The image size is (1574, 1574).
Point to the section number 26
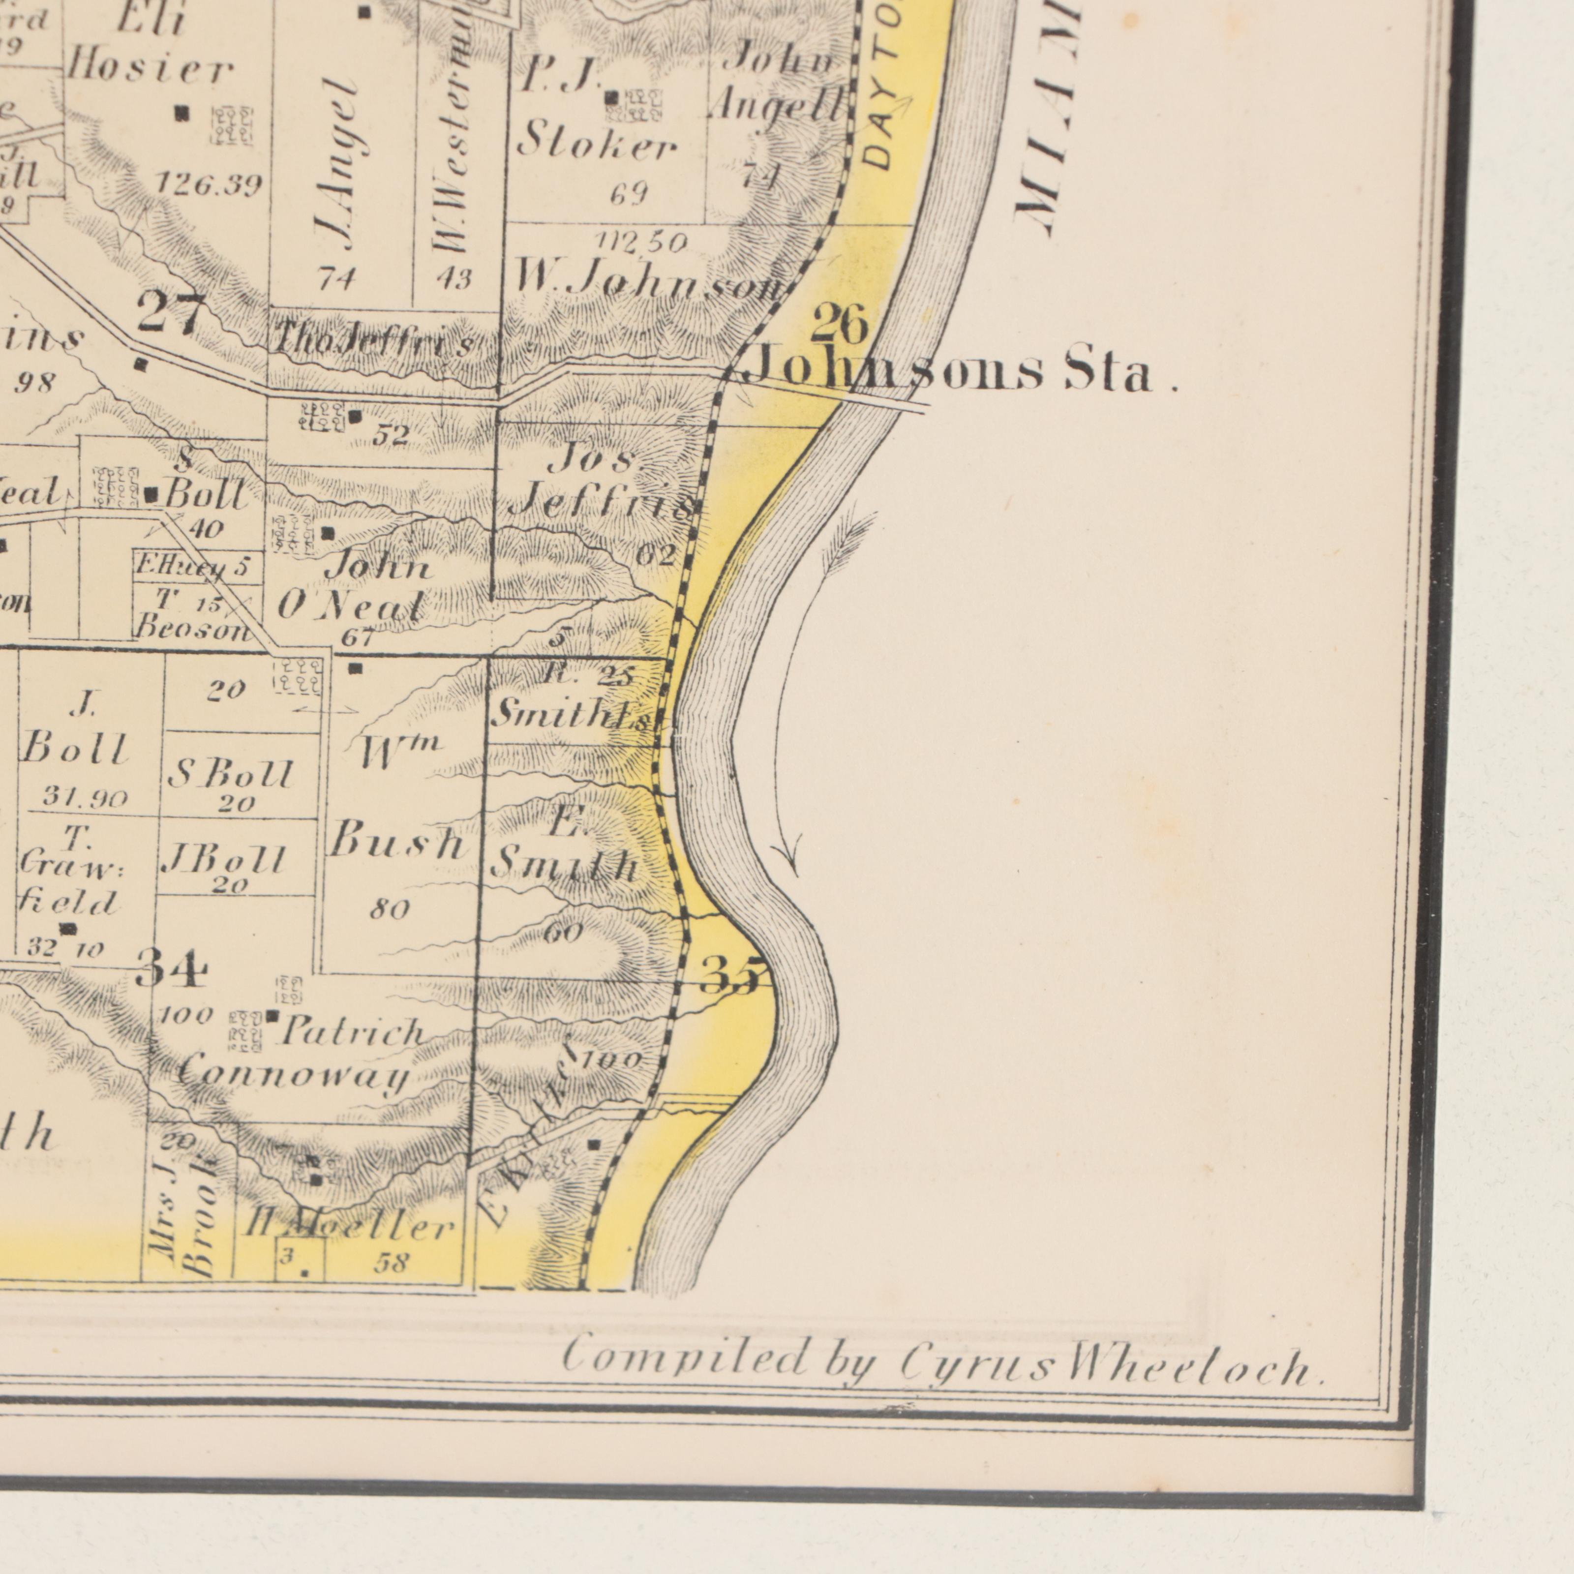[x=839, y=324]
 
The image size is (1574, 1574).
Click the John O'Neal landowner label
[x=354, y=587]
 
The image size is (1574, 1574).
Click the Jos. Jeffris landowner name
[x=603, y=485]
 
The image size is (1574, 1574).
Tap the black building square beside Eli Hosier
[x=182, y=113]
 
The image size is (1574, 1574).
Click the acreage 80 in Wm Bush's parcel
[x=390, y=909]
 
